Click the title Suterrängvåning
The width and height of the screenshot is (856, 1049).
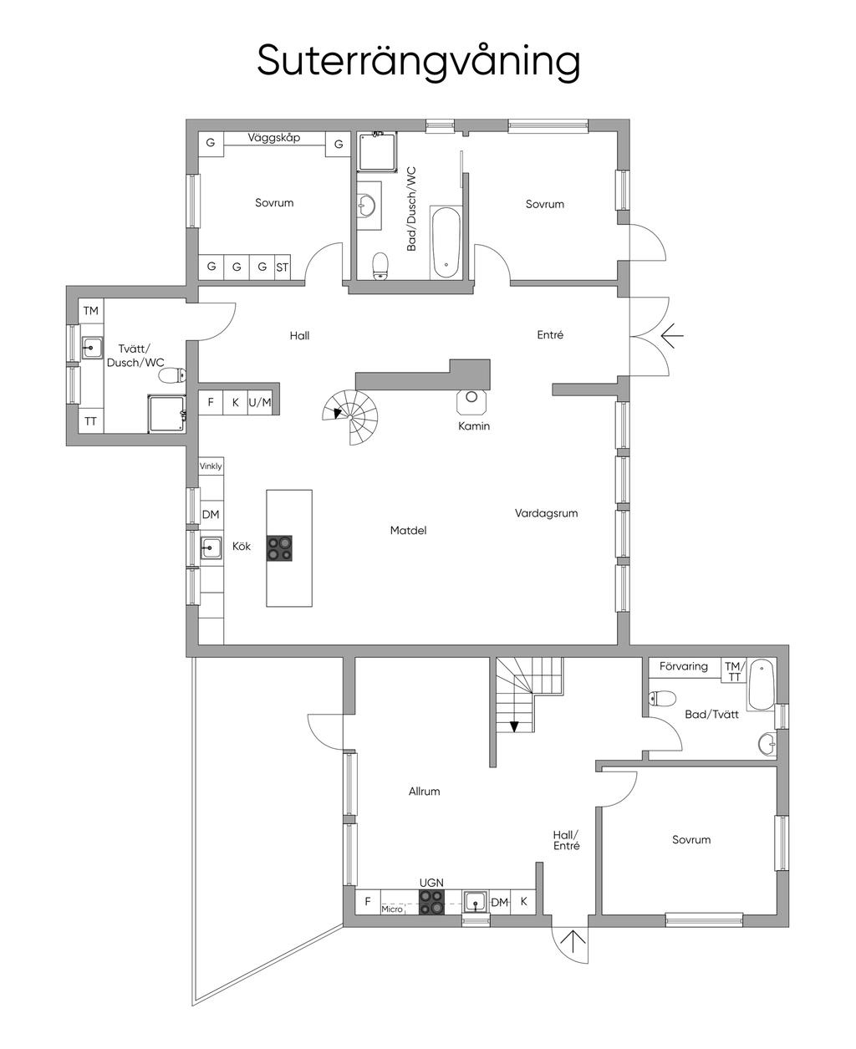(x=418, y=61)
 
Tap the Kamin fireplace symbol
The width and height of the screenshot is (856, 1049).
(x=471, y=400)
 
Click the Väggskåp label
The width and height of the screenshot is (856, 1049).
(x=274, y=138)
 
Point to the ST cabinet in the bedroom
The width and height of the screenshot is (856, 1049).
(x=282, y=267)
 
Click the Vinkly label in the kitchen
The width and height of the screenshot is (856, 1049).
(x=211, y=466)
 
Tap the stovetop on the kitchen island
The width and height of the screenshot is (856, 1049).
(x=279, y=548)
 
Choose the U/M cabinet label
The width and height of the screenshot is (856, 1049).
(x=260, y=402)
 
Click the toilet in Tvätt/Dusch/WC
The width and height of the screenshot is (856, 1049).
(x=172, y=375)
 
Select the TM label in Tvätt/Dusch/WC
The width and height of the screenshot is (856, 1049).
(x=90, y=311)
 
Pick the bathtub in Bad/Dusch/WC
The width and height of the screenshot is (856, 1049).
(x=446, y=242)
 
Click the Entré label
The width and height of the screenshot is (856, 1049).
(x=550, y=334)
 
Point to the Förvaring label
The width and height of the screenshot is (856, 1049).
(x=684, y=666)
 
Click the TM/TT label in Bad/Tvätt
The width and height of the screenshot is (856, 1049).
(x=734, y=671)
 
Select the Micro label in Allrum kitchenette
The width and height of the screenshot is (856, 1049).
(x=392, y=909)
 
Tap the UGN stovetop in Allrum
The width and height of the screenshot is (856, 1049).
(x=431, y=902)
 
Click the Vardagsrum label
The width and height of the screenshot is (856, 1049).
(x=546, y=513)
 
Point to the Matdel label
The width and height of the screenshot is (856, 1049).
(x=408, y=530)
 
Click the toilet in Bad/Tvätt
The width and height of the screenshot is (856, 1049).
(x=662, y=698)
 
